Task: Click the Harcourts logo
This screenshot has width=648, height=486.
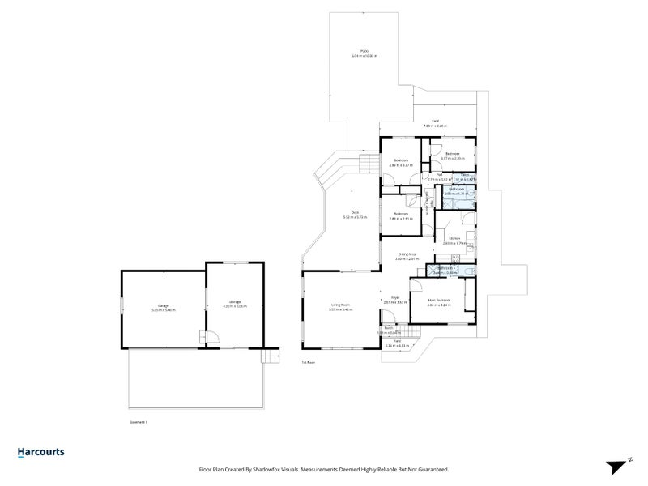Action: tap(40, 453)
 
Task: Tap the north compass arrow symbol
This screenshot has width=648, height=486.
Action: tap(617, 465)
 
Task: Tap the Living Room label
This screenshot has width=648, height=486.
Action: tap(339, 307)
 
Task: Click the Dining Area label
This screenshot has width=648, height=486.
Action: tap(407, 254)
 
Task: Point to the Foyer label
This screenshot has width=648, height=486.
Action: tap(395, 299)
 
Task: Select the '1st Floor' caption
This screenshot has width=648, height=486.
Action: tap(308, 362)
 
